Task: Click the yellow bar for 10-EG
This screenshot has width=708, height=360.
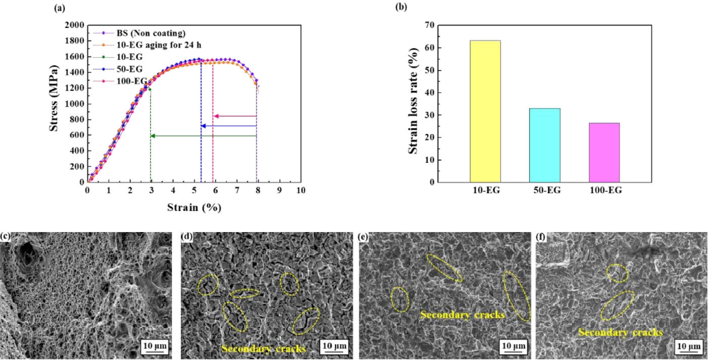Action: point(485,111)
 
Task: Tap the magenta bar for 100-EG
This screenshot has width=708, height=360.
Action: point(604,152)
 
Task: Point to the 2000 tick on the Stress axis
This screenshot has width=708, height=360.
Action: point(74,25)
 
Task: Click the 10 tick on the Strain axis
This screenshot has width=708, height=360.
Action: point(300,191)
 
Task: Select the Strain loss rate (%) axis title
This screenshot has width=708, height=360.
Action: point(414,103)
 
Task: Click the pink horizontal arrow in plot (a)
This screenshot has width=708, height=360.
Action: point(234,116)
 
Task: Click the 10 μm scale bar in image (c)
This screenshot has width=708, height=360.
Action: point(154,346)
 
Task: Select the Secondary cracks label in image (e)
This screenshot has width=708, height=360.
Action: point(462,314)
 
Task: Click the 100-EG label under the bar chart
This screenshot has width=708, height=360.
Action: point(604,191)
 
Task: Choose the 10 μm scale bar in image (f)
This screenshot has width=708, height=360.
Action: point(688,346)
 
